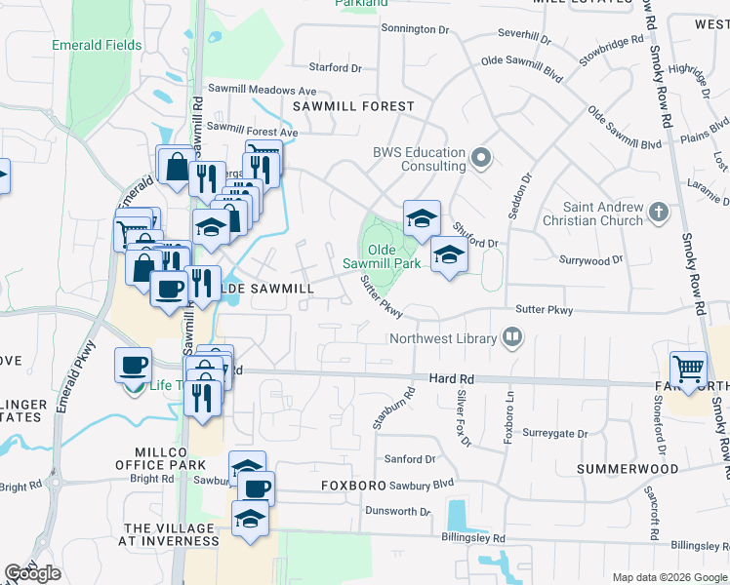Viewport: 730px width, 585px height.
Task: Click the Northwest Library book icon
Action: pyautogui.click(x=512, y=338)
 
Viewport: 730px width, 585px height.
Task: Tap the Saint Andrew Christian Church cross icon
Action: pyautogui.click(x=660, y=212)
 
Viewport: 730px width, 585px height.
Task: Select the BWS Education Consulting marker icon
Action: pyautogui.click(x=480, y=157)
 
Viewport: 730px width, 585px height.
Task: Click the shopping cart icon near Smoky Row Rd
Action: pyautogui.click(x=689, y=370)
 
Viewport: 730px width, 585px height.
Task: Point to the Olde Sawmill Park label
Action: pyautogui.click(x=382, y=256)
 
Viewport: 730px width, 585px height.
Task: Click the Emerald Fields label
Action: pyautogui.click(x=98, y=45)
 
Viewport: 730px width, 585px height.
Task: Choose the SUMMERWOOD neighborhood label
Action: pyautogui.click(x=627, y=469)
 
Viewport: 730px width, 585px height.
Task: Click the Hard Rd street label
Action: pyautogui.click(x=451, y=377)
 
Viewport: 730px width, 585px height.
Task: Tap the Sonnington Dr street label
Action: pyautogui.click(x=415, y=30)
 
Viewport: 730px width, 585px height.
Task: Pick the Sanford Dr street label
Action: pyautogui.click(x=409, y=458)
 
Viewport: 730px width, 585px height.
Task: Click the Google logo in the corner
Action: pyautogui.click(x=32, y=573)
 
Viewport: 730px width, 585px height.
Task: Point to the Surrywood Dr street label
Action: pyautogui.click(x=590, y=260)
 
